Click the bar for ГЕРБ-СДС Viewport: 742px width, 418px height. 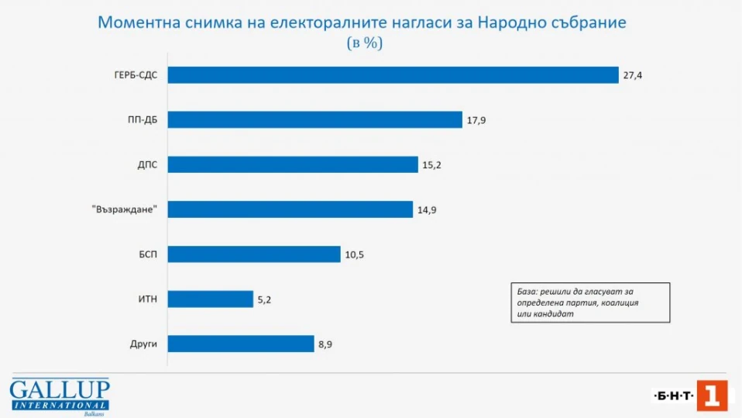coord(393,74)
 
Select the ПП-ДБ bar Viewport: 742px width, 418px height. coord(314,119)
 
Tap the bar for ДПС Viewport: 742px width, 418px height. coord(293,164)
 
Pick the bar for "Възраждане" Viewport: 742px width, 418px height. coord(290,209)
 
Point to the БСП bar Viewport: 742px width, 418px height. coord(254,254)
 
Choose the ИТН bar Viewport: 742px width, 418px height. coord(211,299)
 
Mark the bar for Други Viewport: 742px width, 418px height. coord(240,344)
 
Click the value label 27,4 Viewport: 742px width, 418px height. coord(633,75)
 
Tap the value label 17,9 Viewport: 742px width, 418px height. coord(476,120)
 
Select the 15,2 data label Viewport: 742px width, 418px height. coord(431,165)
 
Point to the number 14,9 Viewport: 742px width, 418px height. coord(428,210)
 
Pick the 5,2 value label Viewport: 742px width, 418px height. coord(265,299)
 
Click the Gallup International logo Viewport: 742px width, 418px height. coord(60,396)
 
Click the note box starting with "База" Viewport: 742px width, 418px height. coord(590,301)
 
